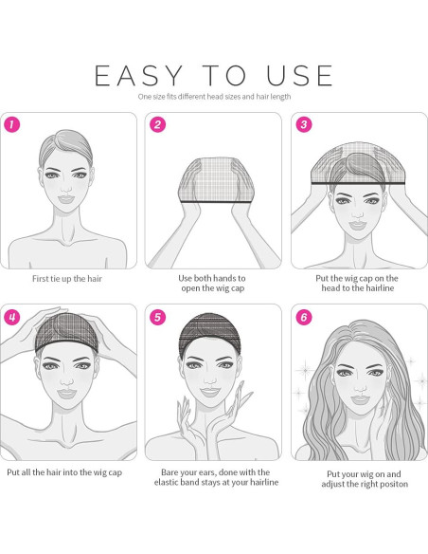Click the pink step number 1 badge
(12, 124)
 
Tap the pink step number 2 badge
(157, 124)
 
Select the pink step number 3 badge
(304, 124)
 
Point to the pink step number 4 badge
(12, 317)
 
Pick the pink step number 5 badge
(157, 317)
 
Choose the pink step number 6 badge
(304, 317)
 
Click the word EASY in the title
(138, 76)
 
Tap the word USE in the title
(299, 76)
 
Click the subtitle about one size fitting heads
(214, 97)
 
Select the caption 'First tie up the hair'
(67, 279)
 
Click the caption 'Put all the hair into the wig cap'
(64, 472)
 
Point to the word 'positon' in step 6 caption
(394, 484)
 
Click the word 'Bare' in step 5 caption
(169, 472)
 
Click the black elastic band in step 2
(216, 201)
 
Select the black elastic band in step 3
(358, 183)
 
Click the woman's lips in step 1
(66, 199)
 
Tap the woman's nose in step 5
(210, 379)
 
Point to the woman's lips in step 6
(360, 399)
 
